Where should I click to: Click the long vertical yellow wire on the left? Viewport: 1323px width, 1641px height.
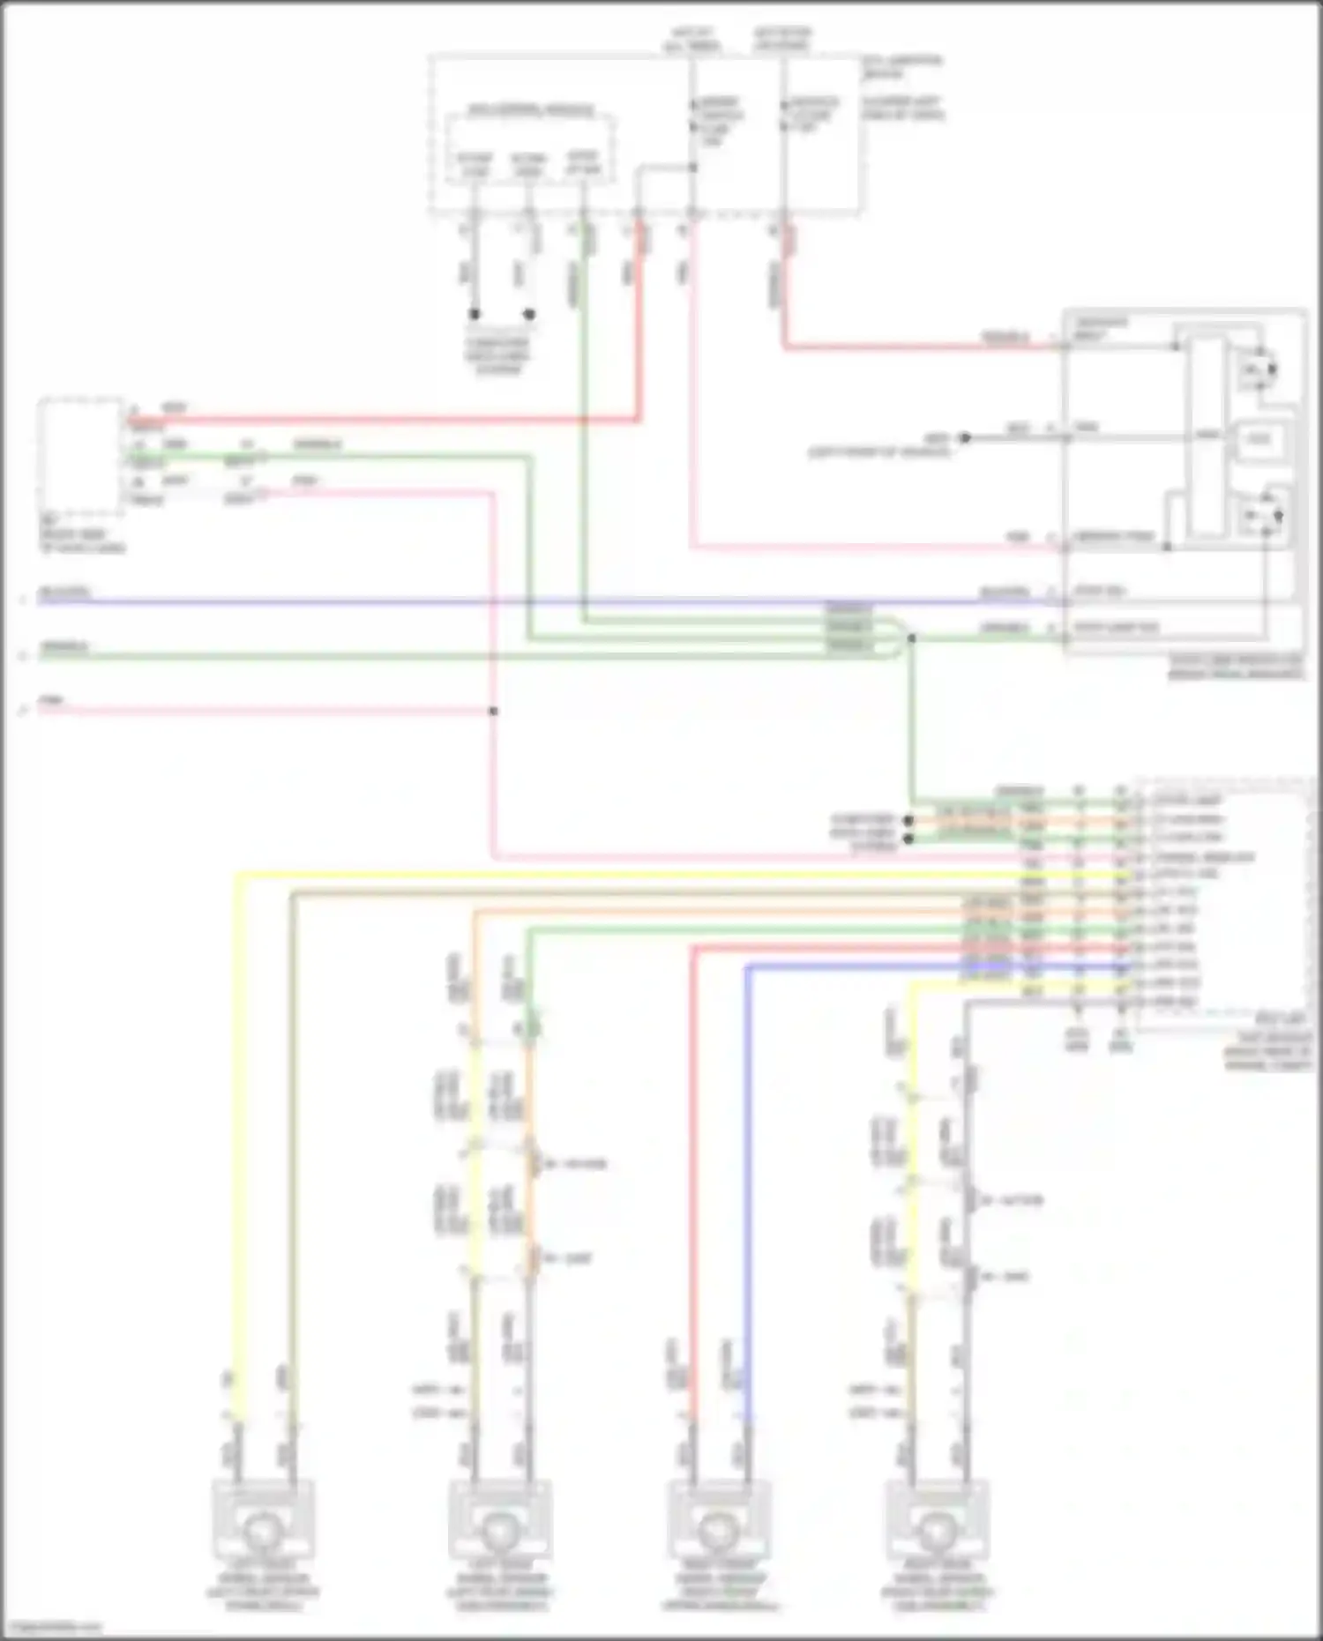pyautogui.click(x=236, y=1146)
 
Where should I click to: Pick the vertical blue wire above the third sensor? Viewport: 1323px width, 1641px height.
pyautogui.click(x=747, y=1190)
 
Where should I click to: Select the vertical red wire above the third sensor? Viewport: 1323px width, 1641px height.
pyautogui.click(x=693, y=1190)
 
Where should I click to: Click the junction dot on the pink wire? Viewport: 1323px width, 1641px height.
pyautogui.click(x=494, y=711)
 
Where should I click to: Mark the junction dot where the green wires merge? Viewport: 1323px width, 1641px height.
pyautogui.click(x=911, y=638)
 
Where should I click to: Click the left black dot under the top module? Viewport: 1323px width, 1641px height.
pyautogui.click(x=475, y=314)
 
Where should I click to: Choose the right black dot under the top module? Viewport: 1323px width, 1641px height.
pyautogui.click(x=529, y=314)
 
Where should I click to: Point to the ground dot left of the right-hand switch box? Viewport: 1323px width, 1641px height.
pyautogui.click(x=965, y=437)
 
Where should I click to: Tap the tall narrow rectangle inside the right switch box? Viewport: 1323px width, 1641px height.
pyautogui.click(x=1206, y=436)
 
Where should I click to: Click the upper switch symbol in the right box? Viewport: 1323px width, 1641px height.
pyautogui.click(x=1259, y=369)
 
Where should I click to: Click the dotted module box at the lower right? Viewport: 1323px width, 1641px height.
pyautogui.click(x=1222, y=904)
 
